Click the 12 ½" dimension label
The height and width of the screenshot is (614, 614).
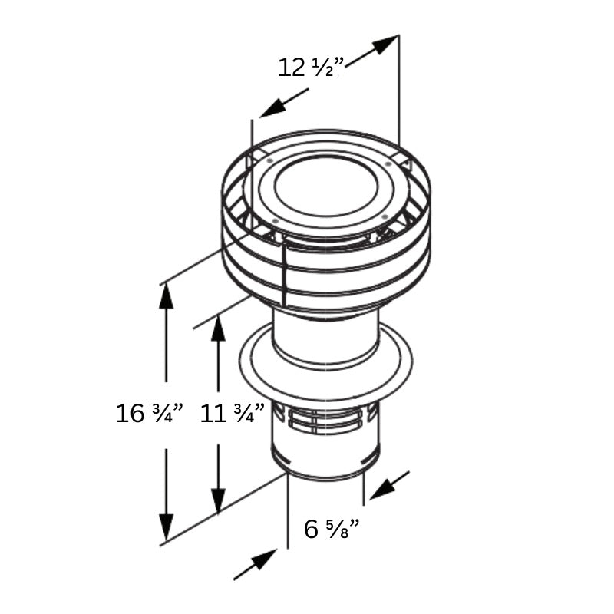pos(310,68)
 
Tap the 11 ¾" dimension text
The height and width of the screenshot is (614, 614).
pos(232,414)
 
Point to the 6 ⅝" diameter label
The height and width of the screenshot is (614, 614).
pos(332,529)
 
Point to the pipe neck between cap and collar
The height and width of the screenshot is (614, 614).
pos(326,338)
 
